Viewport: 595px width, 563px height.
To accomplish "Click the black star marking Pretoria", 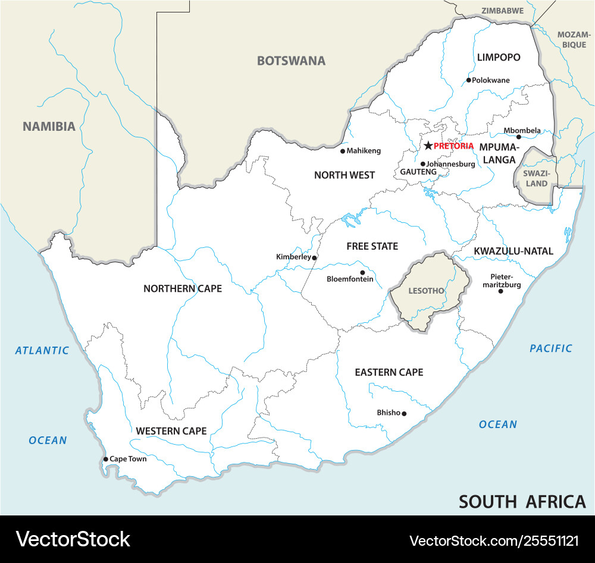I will coord(428,146).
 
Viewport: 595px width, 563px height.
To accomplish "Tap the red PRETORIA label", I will coord(453,146).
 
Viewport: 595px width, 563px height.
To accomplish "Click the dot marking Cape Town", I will coord(105,459).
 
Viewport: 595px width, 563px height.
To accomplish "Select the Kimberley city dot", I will coord(314,257).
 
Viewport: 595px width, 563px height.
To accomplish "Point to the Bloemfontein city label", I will coord(350,279).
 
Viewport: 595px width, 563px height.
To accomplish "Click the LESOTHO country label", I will coord(426,291).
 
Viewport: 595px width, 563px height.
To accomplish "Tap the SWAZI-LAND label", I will coord(536,178).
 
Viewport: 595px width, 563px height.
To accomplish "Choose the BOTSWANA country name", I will coord(291,61).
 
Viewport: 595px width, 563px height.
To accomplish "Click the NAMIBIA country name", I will coord(49,126).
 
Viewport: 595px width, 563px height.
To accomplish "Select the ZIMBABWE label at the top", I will coord(502,11).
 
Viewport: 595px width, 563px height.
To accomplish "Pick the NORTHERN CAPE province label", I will coord(182,288).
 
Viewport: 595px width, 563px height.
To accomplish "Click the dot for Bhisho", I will coord(404,413).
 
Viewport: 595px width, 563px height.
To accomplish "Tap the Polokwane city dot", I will coord(469,80).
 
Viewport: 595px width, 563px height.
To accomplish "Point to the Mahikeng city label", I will coord(364,151).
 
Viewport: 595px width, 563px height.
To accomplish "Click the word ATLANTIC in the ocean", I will coord(42,350).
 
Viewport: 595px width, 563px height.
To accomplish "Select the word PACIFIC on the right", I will coord(551,348).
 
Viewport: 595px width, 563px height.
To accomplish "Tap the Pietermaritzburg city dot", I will coord(500,291).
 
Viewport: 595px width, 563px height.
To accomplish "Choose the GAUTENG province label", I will coord(418,172).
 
